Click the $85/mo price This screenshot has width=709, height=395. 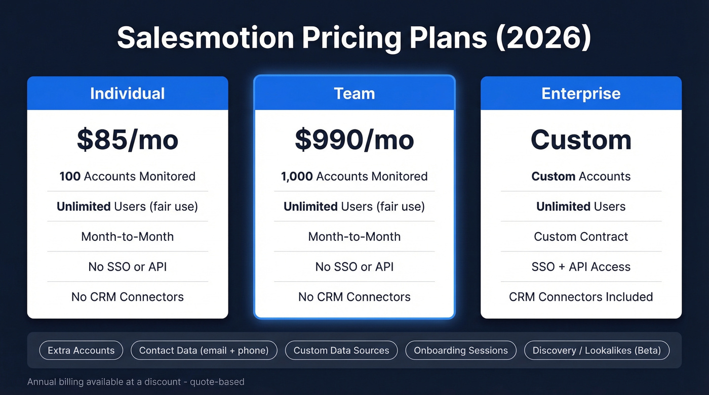pyautogui.click(x=127, y=140)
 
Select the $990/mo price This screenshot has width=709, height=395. pyautogui.click(x=354, y=140)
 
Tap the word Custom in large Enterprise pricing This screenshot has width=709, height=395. pyautogui.click(x=581, y=140)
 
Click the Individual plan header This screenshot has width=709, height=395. pyautogui.click(x=127, y=94)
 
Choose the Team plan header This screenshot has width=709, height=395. pyautogui.click(x=354, y=94)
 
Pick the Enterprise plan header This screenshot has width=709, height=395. pyautogui.click(x=581, y=94)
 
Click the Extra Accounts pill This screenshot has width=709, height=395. pyautogui.click(x=81, y=350)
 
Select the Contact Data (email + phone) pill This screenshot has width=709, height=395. pyautogui.click(x=204, y=350)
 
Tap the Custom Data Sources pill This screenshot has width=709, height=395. pyautogui.click(x=341, y=350)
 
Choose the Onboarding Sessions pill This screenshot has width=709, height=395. pyautogui.click(x=460, y=350)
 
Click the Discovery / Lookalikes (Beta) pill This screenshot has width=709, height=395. pyautogui.click(x=597, y=350)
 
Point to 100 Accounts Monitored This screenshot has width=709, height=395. pyautogui.click(x=127, y=177)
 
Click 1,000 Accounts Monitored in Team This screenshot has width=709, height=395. pyautogui.click(x=354, y=177)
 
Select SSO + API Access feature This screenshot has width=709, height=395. pyautogui.click(x=581, y=267)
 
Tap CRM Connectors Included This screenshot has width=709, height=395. pyautogui.click(x=581, y=297)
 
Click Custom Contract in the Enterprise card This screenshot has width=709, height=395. pyautogui.click(x=581, y=237)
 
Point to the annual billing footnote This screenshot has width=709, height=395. pyautogui.click(x=136, y=382)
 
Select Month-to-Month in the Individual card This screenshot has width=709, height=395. pyautogui.click(x=127, y=237)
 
